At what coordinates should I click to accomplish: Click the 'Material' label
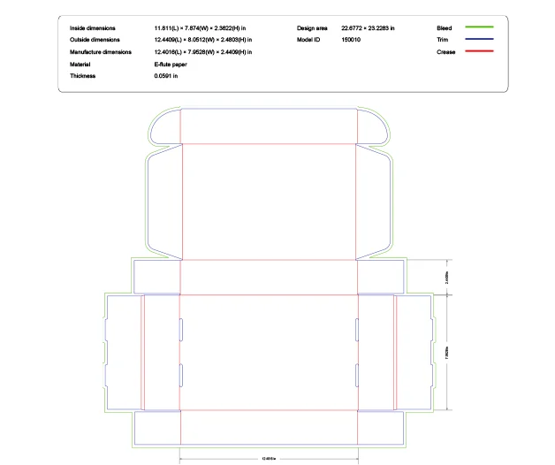tap(80, 65)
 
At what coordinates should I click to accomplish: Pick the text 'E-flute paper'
tap(171, 65)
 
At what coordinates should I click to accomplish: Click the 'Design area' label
tap(312, 28)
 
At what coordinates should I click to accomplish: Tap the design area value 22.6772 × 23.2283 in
tap(368, 28)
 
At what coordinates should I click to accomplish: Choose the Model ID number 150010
tap(351, 41)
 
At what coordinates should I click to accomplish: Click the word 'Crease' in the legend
tap(446, 52)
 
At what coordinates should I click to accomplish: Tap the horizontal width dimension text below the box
tap(269, 459)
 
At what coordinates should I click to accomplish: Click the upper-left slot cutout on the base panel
tap(181, 329)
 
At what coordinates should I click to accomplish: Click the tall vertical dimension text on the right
tap(449, 351)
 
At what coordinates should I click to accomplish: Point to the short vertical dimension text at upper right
tap(449, 277)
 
